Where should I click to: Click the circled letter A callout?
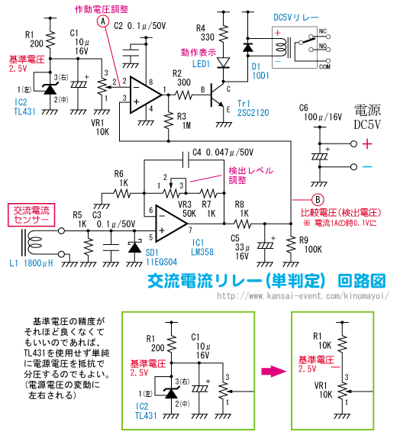click(x=103, y=21)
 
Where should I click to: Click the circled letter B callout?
click(x=318, y=200)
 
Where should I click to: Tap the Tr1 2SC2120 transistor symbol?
click(x=216, y=95)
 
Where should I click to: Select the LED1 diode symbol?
click(x=223, y=63)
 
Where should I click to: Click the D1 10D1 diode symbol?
click(x=247, y=48)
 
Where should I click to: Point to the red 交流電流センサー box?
click(x=31, y=214)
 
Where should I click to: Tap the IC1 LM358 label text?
click(x=202, y=247)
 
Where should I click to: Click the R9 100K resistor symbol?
click(x=291, y=244)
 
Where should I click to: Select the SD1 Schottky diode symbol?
click(x=134, y=246)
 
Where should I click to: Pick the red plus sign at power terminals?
click(x=367, y=144)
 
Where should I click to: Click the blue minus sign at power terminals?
click(x=367, y=166)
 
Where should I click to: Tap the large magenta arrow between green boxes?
click(x=273, y=371)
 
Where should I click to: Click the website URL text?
click(x=303, y=296)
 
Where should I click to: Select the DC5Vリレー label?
click(x=296, y=18)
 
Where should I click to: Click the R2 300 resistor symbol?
click(x=183, y=95)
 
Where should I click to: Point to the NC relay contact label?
click(x=323, y=31)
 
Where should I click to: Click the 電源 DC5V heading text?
click(x=367, y=118)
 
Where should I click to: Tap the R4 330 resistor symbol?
click(x=223, y=34)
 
